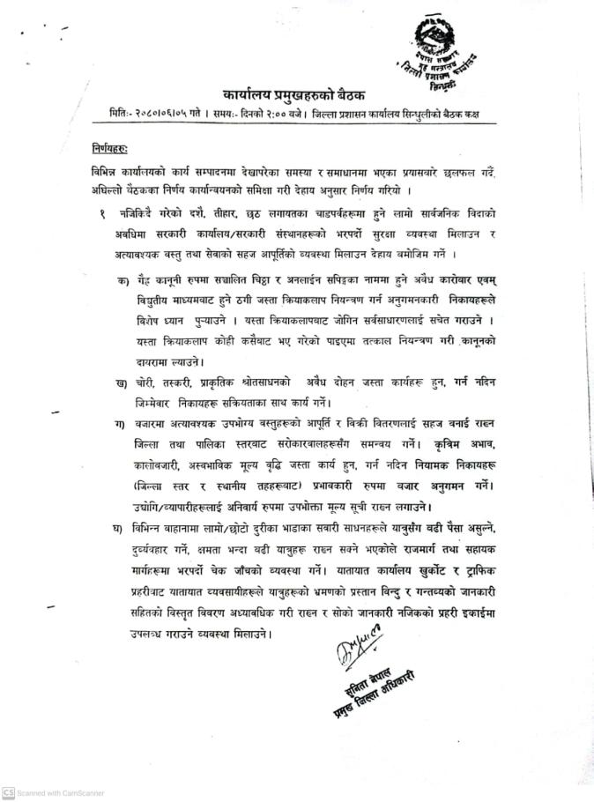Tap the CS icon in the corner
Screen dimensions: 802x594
coord(8,792)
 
